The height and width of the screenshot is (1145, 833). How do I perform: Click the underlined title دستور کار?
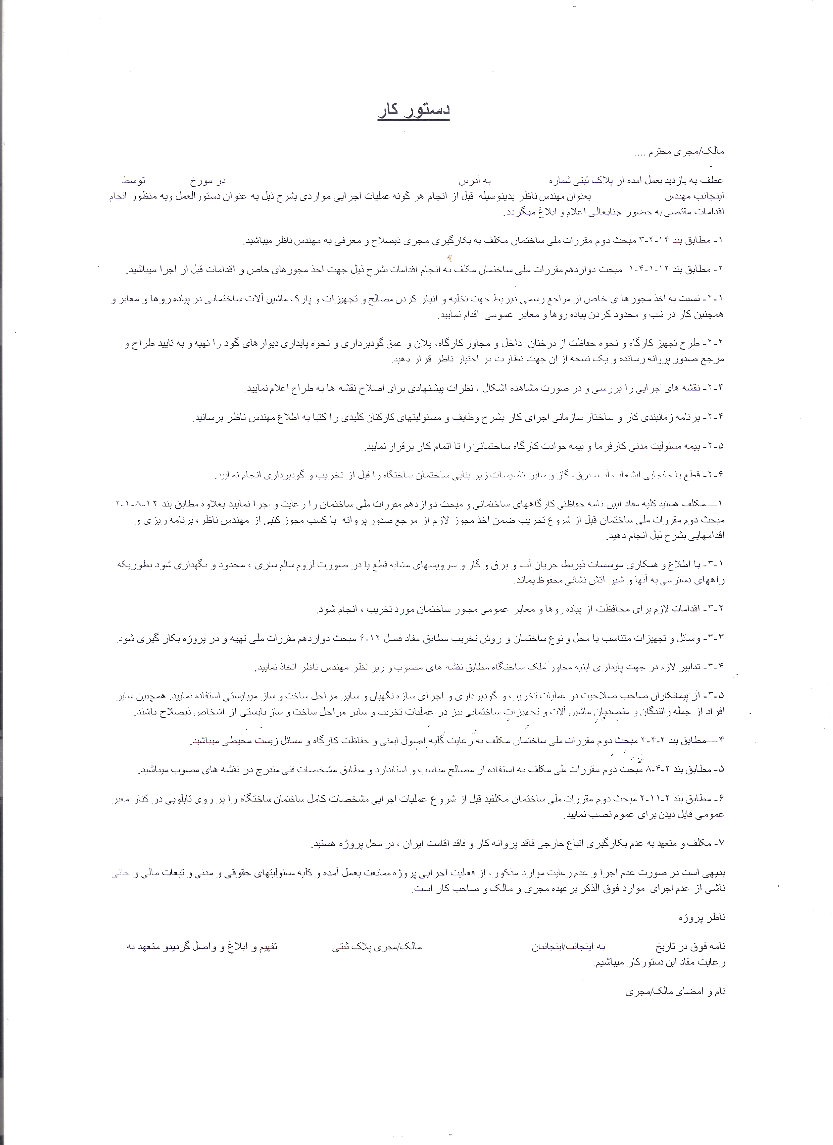pyautogui.click(x=414, y=111)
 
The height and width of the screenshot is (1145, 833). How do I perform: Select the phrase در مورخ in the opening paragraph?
pyautogui.click(x=208, y=180)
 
